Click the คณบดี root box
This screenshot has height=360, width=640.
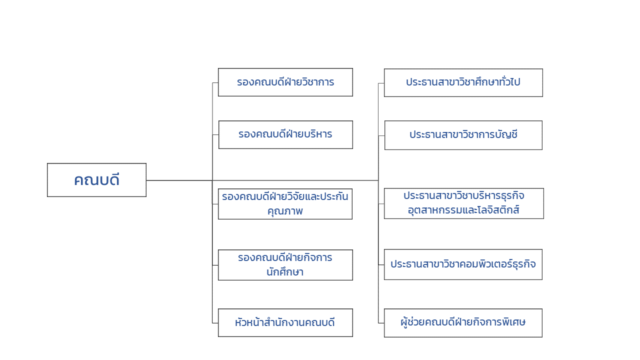pos(96,180)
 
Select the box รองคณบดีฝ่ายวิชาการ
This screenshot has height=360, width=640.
pos(285,82)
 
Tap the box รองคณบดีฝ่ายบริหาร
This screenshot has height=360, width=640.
pos(285,134)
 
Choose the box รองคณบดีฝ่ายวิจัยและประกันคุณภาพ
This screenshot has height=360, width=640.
pos(285,204)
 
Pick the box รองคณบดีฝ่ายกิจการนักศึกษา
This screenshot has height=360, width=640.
pos(285,265)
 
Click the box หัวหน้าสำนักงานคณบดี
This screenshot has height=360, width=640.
pos(285,322)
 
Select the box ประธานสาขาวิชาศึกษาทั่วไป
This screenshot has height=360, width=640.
pos(463,82)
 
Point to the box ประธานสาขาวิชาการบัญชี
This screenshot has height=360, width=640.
pos(463,135)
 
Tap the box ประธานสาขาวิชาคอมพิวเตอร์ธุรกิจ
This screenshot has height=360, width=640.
pos(463,264)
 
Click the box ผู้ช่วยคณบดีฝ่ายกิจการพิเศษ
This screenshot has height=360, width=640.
pos(463,323)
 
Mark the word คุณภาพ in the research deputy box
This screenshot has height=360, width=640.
pos(285,211)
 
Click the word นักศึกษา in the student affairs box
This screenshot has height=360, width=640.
pos(285,271)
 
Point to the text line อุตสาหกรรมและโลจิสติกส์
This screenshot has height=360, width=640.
pos(463,210)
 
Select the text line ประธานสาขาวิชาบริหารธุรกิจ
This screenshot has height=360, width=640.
pos(463,195)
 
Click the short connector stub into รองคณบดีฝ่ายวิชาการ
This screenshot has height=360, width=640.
pos(215,83)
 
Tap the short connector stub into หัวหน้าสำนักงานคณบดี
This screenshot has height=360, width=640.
pos(215,323)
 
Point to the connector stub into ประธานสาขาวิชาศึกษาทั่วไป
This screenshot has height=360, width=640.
pos(381,83)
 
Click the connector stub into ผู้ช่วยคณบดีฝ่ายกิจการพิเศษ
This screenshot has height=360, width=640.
pos(381,323)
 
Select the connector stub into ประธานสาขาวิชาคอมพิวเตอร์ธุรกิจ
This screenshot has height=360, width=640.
pos(381,265)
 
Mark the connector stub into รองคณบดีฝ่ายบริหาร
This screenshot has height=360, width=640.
pos(215,134)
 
